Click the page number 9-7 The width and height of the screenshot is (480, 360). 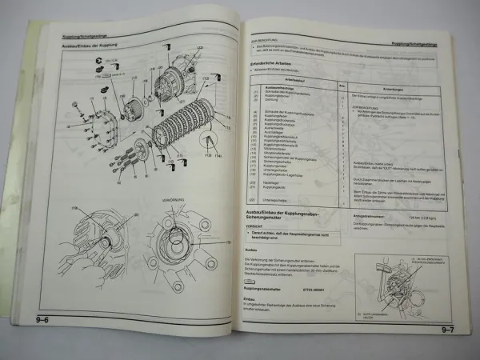pos(450,330)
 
